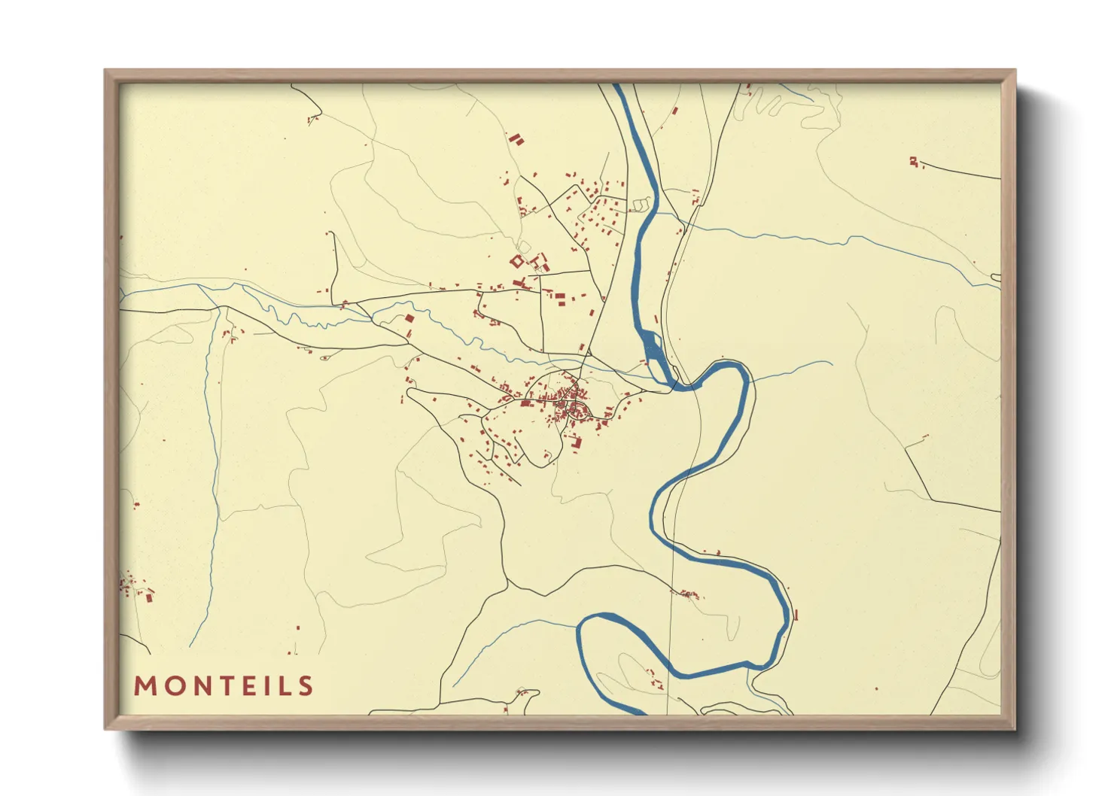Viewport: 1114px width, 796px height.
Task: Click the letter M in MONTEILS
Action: click(145, 686)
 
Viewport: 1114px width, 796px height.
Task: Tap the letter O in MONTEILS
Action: click(175, 686)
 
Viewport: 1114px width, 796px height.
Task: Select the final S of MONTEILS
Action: click(305, 686)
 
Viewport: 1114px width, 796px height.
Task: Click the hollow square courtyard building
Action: click(516, 261)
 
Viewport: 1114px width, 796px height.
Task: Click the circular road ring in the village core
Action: click(579, 411)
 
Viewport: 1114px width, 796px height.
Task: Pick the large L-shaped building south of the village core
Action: click(577, 442)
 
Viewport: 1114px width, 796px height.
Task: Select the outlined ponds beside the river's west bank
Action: click(642, 203)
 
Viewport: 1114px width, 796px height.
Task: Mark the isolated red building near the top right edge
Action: click(913, 161)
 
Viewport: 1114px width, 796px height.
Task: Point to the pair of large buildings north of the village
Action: click(516, 140)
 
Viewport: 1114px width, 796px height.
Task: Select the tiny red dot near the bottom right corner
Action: click(877, 688)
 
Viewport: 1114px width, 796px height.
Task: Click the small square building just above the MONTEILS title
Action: click(298, 627)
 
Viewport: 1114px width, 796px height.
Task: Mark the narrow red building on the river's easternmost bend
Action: click(796, 615)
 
